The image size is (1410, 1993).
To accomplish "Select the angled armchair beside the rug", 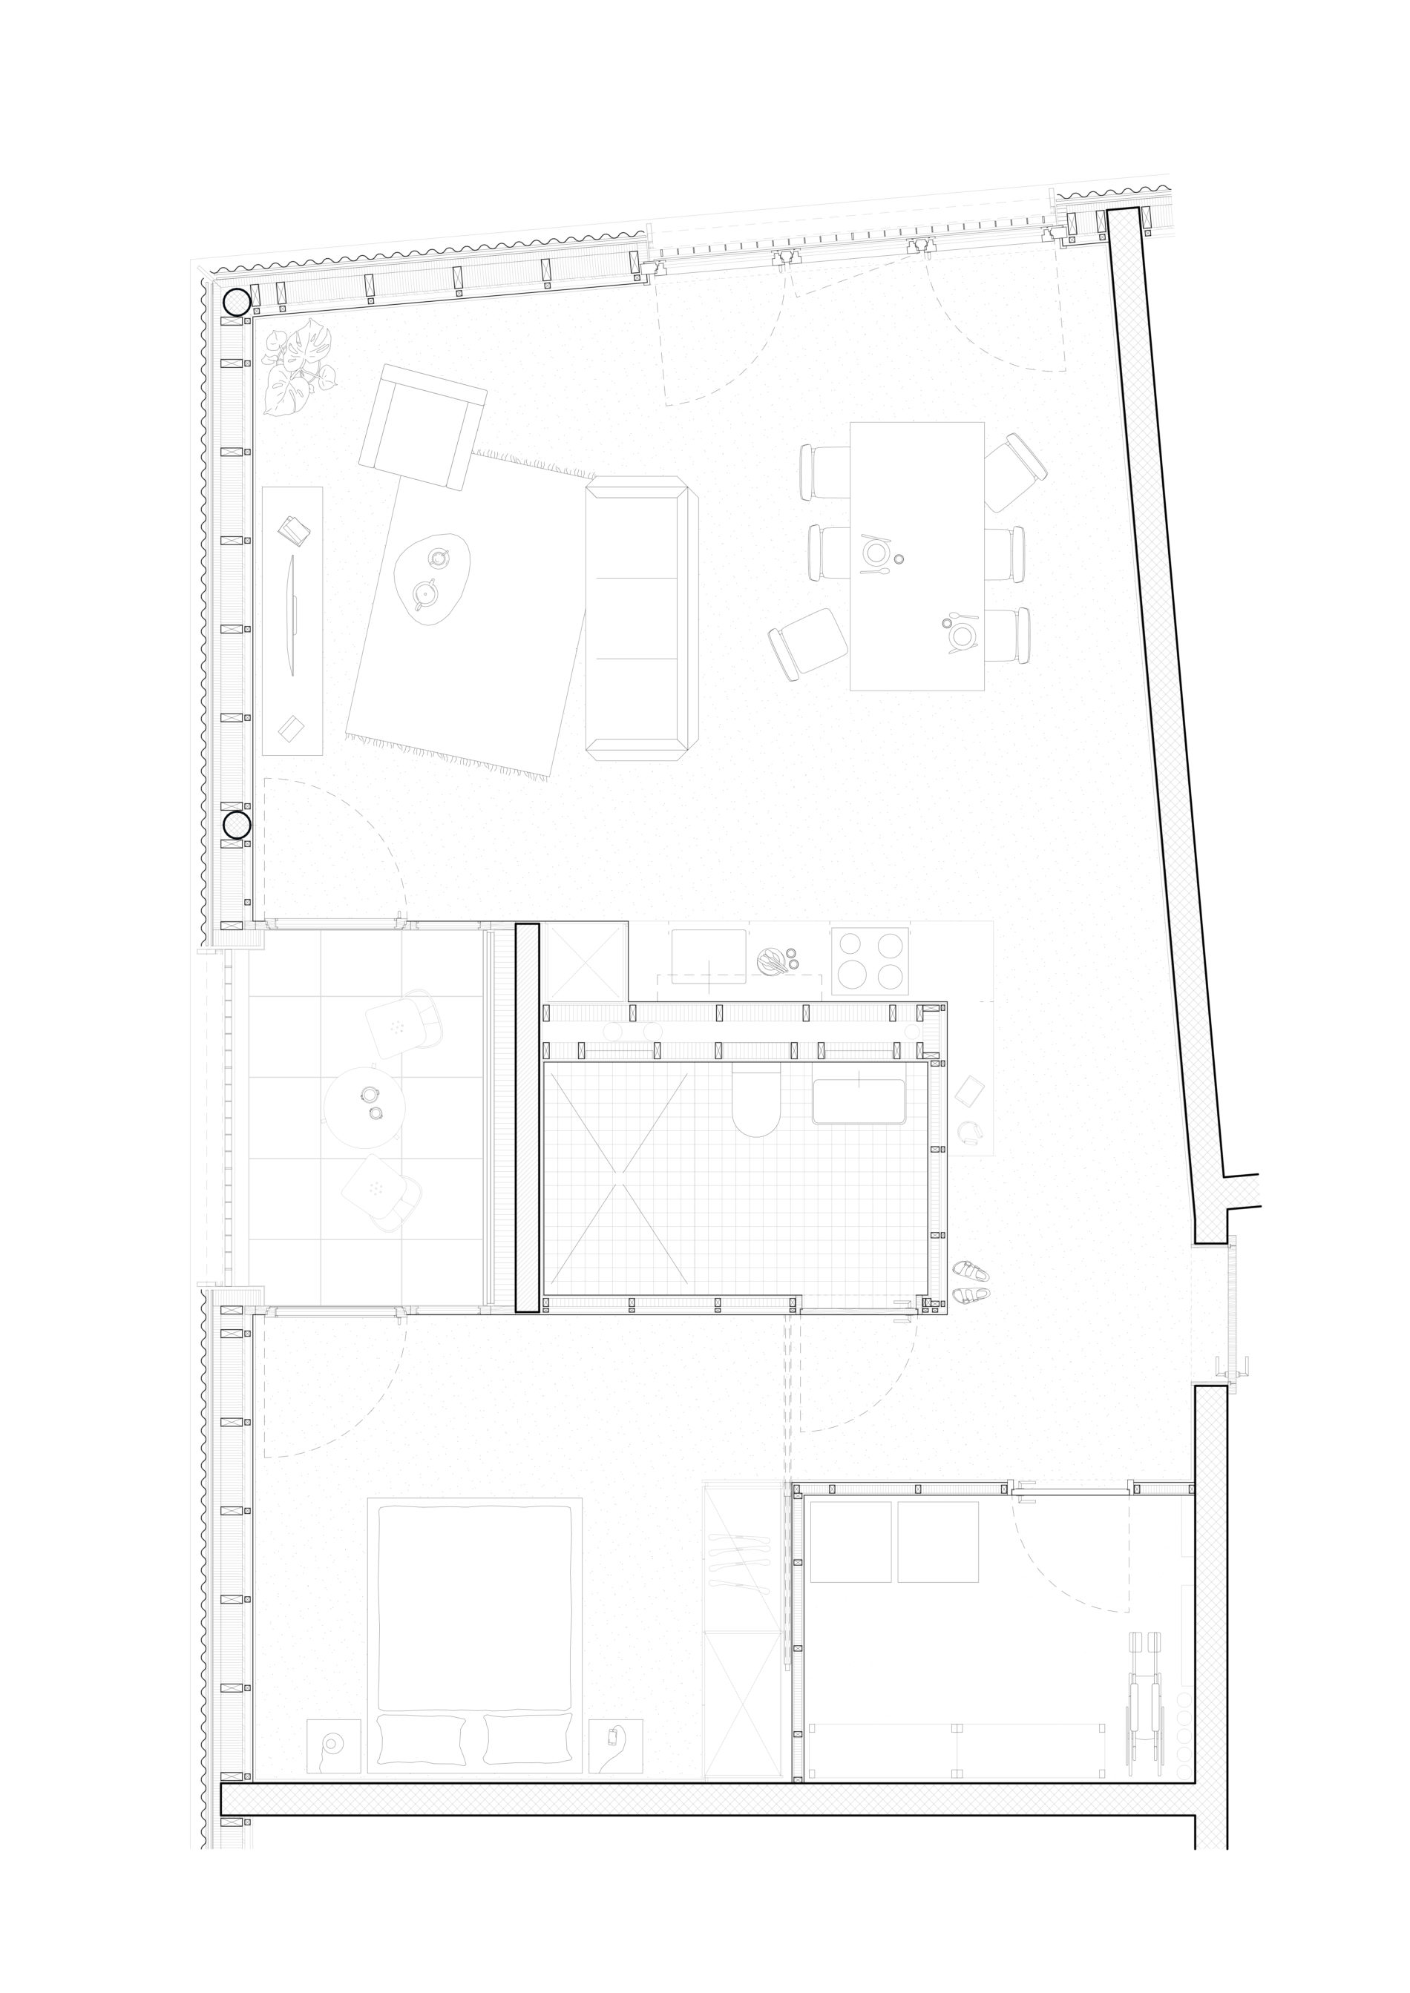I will tap(423, 425).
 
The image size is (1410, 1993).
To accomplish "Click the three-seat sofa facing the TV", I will tap(640, 618).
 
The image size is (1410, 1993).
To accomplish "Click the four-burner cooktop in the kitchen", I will tap(870, 960).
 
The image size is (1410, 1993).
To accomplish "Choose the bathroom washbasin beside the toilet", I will tap(859, 1101).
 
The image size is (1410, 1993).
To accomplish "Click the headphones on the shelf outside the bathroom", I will tap(969, 1132).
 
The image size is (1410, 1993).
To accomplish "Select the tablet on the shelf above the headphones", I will tap(971, 1090).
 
